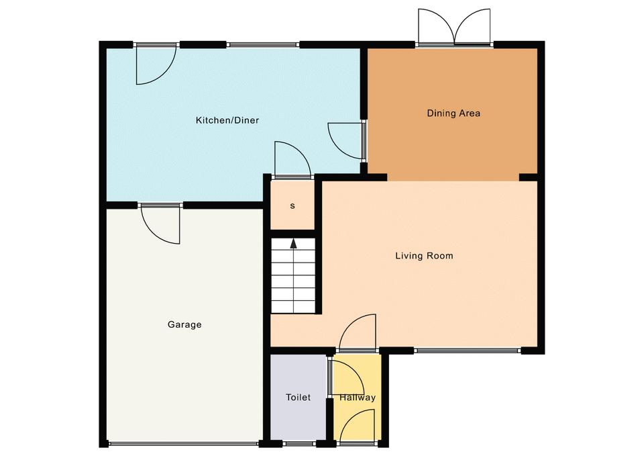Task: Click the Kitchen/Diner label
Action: [227, 120]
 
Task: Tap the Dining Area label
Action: [453, 113]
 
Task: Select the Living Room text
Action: [424, 256]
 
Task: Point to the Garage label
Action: [184, 324]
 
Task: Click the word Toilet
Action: [298, 397]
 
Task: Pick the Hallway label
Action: [358, 398]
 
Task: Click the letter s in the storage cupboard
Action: [292, 206]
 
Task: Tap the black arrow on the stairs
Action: [293, 243]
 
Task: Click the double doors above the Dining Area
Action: [454, 27]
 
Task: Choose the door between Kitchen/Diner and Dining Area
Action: [347, 140]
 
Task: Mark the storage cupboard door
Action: [292, 160]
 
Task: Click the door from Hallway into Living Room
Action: [358, 332]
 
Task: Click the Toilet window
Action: [301, 444]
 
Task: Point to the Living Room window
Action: [467, 351]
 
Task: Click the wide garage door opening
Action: [184, 444]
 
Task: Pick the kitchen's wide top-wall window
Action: [263, 44]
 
